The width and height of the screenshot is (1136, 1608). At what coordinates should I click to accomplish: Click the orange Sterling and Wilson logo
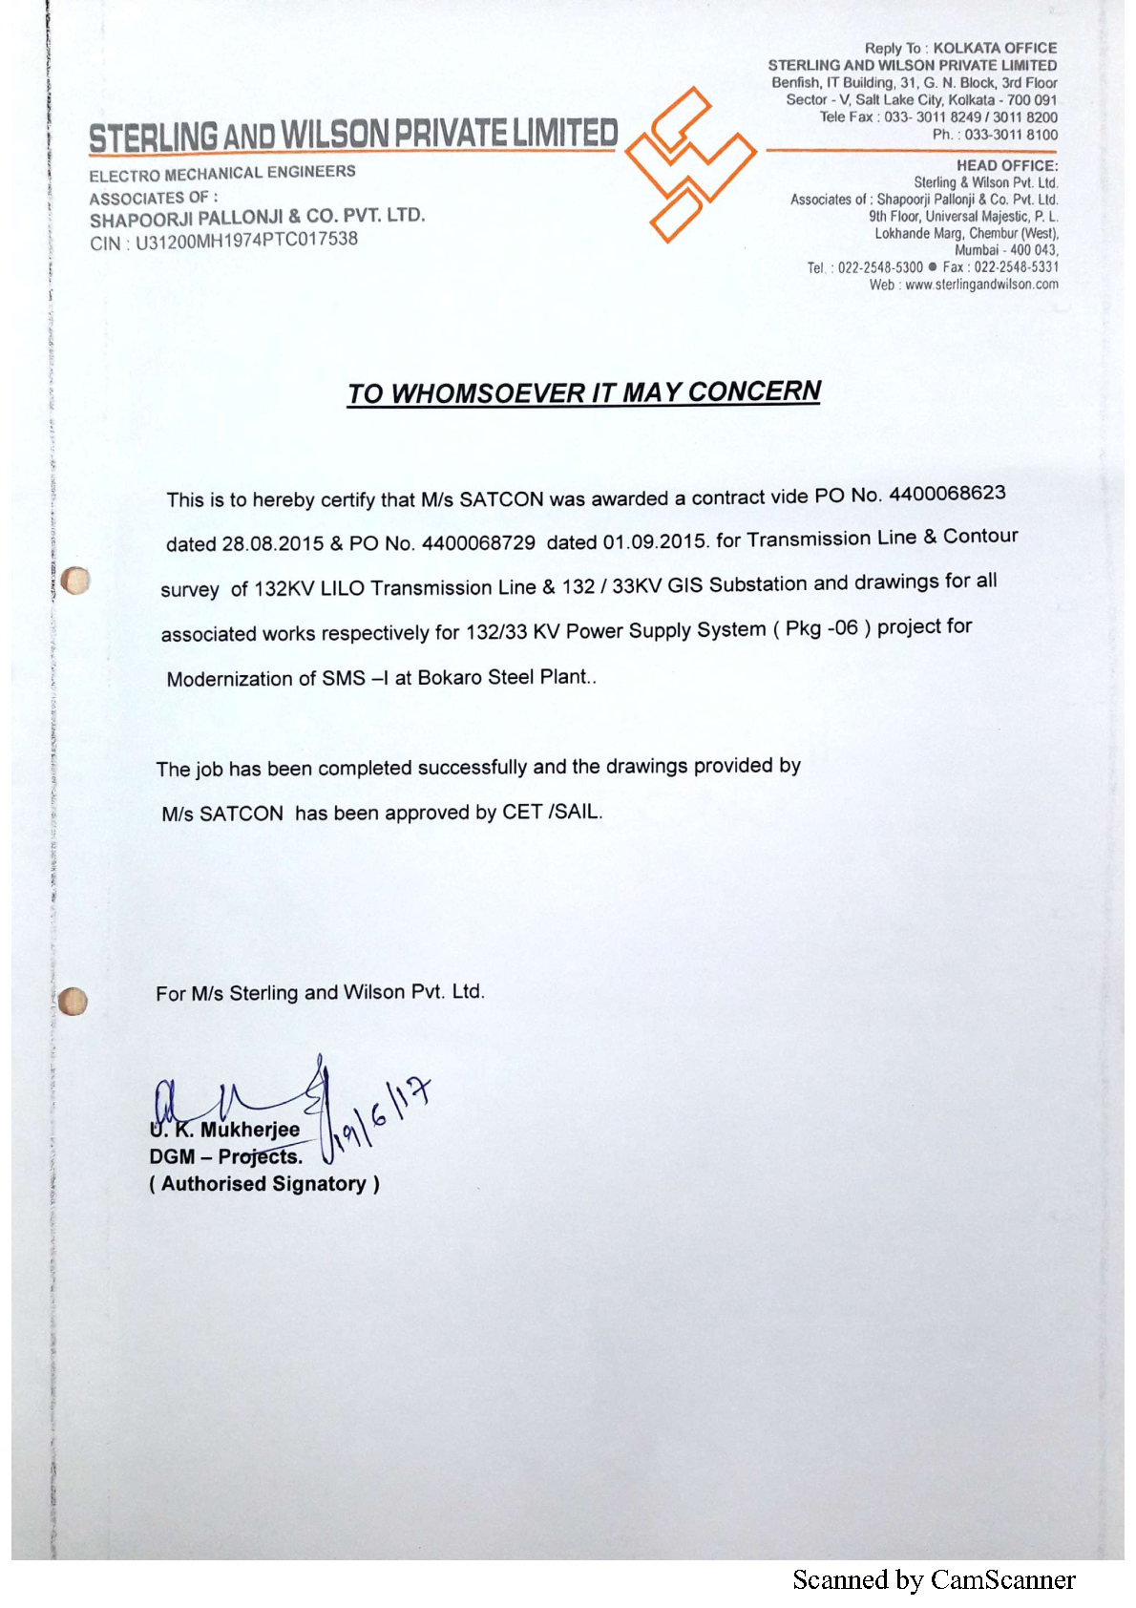point(690,164)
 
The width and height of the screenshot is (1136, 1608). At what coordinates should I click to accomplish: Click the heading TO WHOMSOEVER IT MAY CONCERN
point(583,392)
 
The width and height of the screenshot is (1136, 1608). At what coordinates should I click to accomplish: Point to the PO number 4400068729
point(478,542)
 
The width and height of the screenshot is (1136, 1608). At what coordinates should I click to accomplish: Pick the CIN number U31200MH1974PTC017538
point(246,241)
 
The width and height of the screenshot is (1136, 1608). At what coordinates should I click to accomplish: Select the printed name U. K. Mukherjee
point(225,1131)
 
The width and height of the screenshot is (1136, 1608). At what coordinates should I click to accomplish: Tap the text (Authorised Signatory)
point(263,1184)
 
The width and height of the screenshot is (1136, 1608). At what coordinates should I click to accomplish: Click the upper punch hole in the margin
point(74,580)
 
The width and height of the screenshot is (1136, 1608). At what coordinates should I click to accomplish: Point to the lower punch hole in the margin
point(73,1001)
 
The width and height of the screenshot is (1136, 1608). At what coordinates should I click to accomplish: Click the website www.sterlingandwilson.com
point(981,285)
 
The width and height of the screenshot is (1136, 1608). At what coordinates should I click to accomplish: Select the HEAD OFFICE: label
point(1006,165)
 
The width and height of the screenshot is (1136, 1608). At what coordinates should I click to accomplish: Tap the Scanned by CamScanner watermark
point(934,1580)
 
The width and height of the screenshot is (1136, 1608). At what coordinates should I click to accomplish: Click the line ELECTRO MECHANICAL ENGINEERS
point(222,173)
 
